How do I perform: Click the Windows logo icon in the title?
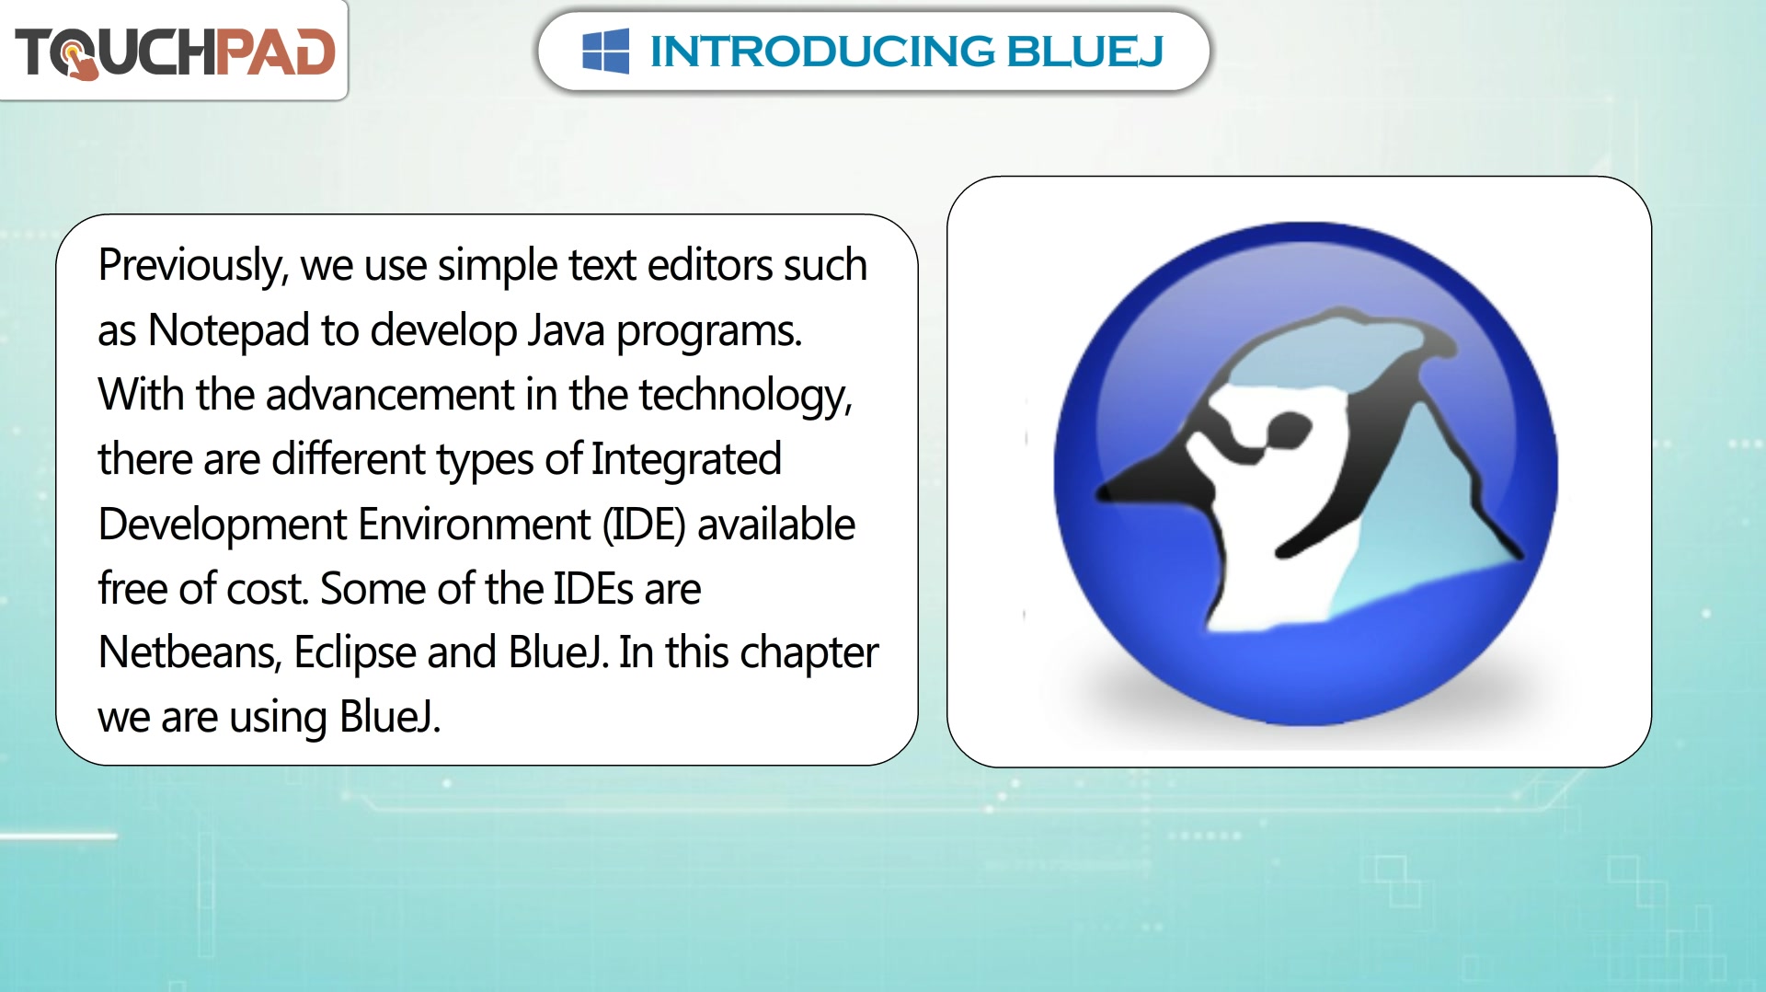click(x=605, y=51)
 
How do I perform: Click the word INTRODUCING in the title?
click(x=822, y=52)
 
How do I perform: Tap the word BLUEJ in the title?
click(x=1085, y=52)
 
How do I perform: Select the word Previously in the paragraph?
click(x=193, y=267)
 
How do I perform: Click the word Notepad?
click(x=229, y=330)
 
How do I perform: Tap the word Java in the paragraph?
click(x=566, y=330)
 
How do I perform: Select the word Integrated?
click(x=686, y=460)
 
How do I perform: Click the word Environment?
click(x=474, y=525)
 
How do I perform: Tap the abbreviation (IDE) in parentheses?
click(x=644, y=525)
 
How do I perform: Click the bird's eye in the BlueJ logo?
click(x=1288, y=429)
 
